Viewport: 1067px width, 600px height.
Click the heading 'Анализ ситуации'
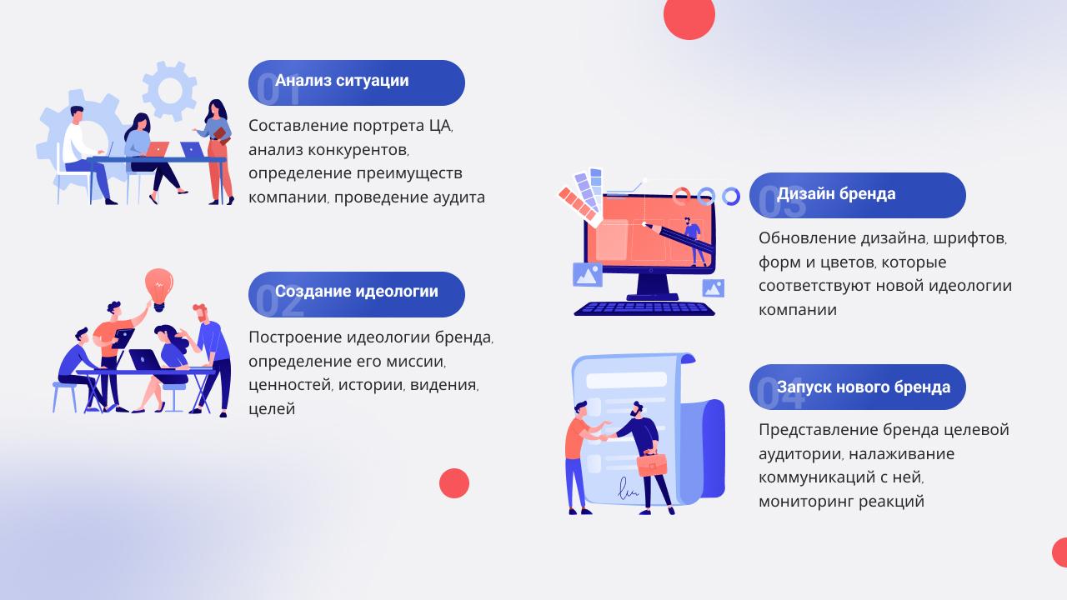point(342,81)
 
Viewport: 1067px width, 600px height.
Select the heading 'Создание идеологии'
point(356,291)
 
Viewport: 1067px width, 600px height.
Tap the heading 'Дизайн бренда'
point(836,194)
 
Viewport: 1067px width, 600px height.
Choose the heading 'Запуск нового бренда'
point(863,387)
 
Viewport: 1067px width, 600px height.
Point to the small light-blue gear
point(169,91)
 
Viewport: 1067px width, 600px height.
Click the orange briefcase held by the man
point(651,463)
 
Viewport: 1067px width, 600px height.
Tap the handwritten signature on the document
point(628,489)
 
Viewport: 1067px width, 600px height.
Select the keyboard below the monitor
point(644,308)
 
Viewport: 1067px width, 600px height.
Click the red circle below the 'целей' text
point(454,483)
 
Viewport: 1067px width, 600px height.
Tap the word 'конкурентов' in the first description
point(358,150)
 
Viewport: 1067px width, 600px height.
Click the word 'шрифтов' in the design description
point(969,238)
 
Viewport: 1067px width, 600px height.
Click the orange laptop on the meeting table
point(156,149)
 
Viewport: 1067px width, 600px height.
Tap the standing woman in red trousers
point(217,152)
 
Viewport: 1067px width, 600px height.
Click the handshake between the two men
point(605,437)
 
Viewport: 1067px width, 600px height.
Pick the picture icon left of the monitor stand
point(588,275)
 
